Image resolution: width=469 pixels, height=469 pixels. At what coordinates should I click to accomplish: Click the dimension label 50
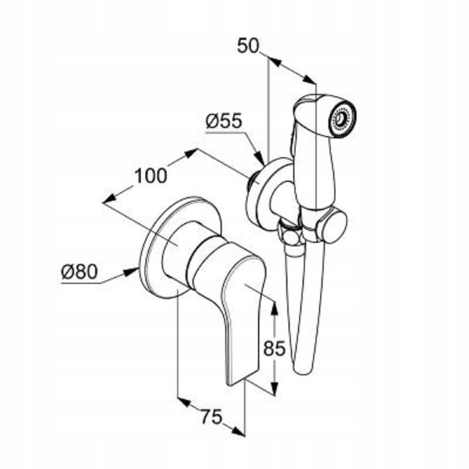click(x=248, y=46)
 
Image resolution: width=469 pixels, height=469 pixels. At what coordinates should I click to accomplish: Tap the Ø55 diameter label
click(x=224, y=121)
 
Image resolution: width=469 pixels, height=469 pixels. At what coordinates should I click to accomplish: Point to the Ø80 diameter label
click(x=80, y=272)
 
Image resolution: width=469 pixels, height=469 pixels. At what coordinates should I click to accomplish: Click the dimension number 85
click(x=274, y=348)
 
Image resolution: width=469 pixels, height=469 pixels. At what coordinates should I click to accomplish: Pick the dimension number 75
click(x=212, y=416)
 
